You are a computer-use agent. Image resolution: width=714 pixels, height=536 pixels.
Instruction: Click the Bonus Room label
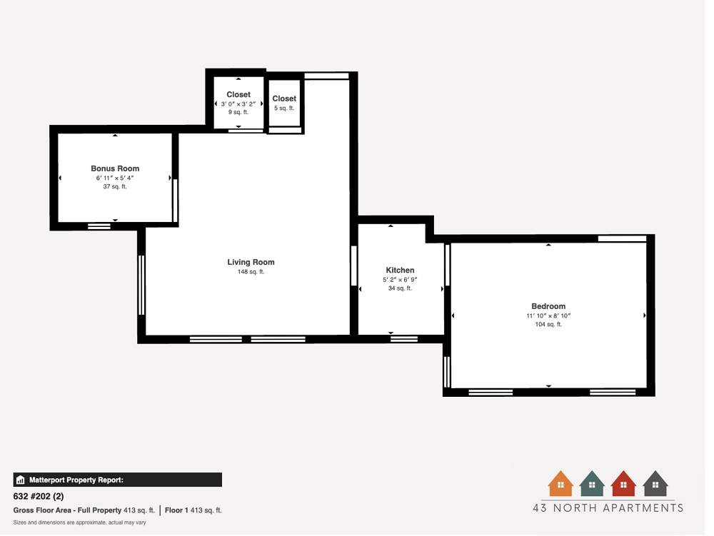point(115,169)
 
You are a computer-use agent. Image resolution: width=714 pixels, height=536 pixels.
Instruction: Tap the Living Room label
point(251,263)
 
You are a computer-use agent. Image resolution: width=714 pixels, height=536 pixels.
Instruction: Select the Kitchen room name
point(400,270)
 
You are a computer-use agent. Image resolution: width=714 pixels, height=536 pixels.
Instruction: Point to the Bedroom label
point(548,307)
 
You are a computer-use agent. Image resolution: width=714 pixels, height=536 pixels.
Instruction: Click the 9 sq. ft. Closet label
point(238,95)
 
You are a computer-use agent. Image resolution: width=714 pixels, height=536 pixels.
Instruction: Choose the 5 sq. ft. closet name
point(284,99)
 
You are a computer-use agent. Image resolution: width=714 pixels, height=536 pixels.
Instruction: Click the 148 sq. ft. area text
point(251,272)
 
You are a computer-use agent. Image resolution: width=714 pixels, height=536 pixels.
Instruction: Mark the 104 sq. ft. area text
point(548,325)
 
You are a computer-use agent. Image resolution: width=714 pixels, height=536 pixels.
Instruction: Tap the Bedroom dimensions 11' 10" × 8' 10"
point(548,315)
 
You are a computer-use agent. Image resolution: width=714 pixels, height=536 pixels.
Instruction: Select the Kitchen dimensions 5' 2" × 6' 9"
point(400,280)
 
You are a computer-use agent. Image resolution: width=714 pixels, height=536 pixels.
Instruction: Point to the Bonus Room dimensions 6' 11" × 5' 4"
point(115,178)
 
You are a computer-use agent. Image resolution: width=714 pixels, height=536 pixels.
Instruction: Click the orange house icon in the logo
point(560,484)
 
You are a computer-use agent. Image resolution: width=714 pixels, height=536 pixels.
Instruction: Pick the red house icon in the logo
point(623,484)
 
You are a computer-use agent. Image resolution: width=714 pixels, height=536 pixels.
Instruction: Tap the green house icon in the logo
point(592,484)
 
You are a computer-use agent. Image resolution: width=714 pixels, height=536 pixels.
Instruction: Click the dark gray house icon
point(655,484)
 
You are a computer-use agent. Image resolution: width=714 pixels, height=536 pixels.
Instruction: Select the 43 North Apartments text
point(608,508)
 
